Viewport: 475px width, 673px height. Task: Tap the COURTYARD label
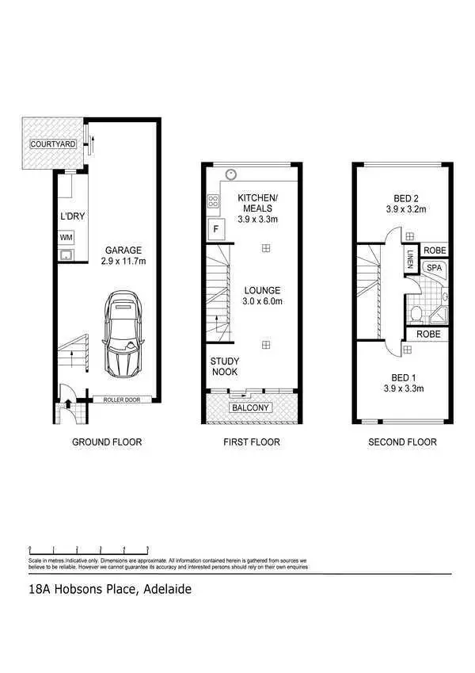click(53, 144)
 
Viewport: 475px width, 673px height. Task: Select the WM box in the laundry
click(66, 237)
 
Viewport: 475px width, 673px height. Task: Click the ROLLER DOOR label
click(122, 400)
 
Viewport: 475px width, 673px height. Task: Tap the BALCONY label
click(250, 407)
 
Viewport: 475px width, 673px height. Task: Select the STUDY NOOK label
click(224, 366)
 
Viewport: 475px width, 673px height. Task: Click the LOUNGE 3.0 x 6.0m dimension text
click(263, 295)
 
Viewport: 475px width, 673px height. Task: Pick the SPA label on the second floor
click(434, 268)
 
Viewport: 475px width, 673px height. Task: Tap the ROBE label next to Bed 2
click(435, 250)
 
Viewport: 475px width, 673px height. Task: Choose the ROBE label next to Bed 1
click(427, 335)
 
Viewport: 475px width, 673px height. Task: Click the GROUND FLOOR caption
click(107, 442)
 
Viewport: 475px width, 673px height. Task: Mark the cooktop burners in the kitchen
click(214, 204)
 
